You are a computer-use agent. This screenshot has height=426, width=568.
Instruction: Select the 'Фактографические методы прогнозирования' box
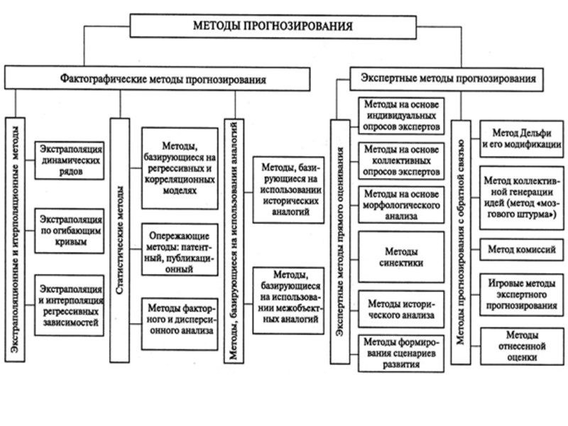pyautogui.click(x=158, y=79)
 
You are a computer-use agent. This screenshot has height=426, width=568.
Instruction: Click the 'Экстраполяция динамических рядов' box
pyautogui.click(x=70, y=159)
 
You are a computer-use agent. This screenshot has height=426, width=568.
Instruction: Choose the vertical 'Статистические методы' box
pyautogui.click(x=121, y=241)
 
